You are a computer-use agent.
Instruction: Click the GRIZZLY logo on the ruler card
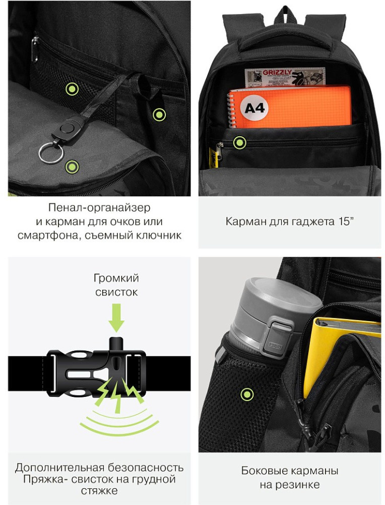(277, 72)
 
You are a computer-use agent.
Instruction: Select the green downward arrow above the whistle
(116, 319)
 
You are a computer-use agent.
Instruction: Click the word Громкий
(116, 278)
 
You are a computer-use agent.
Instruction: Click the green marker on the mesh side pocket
(247, 394)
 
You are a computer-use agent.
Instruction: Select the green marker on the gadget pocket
(240, 142)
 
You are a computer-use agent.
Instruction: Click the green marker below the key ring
(72, 167)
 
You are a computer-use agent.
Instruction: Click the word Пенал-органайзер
(99, 208)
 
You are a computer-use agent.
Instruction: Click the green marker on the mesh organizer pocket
(72, 88)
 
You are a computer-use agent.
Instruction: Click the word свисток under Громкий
(116, 292)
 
